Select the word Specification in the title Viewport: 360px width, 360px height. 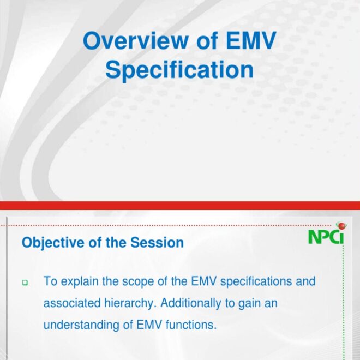[179, 70]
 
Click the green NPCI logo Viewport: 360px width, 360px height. [326, 237]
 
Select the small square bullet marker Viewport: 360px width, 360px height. [25, 283]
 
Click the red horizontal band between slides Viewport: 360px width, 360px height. [180, 205]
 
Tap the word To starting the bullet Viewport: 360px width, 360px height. [50, 282]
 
